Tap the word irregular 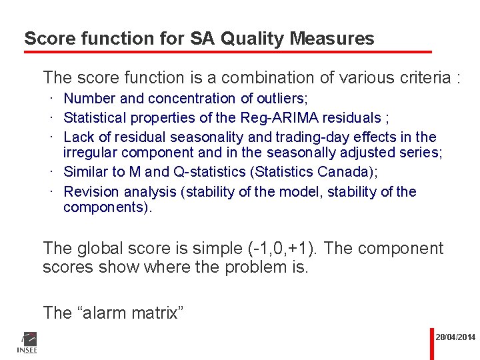pyautogui.click(x=91, y=152)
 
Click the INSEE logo pyautogui.click(x=27, y=341)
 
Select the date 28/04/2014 pyautogui.click(x=456, y=337)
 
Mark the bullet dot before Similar pyautogui.click(x=51, y=172)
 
